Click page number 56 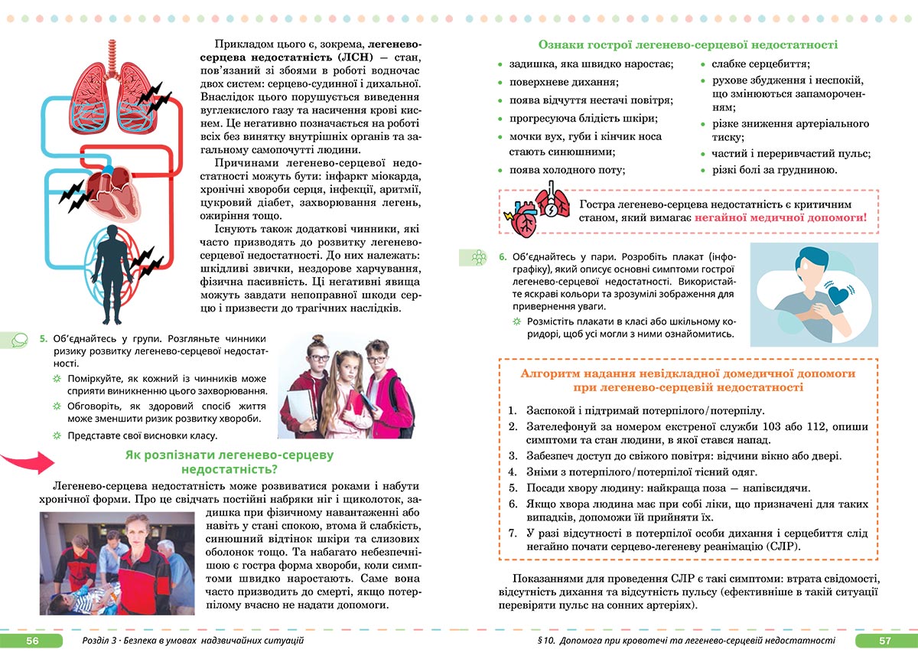pyautogui.click(x=31, y=641)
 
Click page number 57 pyautogui.click(x=884, y=641)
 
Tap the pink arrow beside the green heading pyautogui.click(x=28, y=462)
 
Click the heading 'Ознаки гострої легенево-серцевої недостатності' pyautogui.click(x=688, y=45)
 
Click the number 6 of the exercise pyautogui.click(x=503, y=257)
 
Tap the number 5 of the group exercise pyautogui.click(x=44, y=338)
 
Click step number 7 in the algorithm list pyautogui.click(x=513, y=533)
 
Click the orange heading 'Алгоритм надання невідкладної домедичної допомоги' pyautogui.click(x=688, y=374)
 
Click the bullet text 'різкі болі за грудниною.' pyautogui.click(x=774, y=170)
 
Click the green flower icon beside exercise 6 pyautogui.click(x=478, y=258)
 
